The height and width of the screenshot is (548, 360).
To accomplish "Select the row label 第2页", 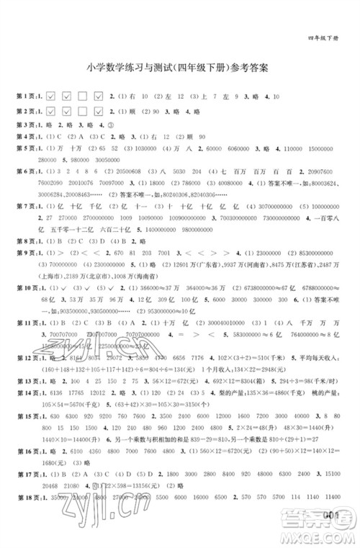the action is pos(26,111).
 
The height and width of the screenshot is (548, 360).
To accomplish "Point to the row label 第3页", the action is pos(26,124).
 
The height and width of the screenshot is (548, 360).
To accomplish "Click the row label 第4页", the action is pos(26,136).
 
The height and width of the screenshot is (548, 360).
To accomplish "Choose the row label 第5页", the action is pos(26,148).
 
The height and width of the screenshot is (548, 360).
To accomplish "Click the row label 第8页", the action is pos(26,241).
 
